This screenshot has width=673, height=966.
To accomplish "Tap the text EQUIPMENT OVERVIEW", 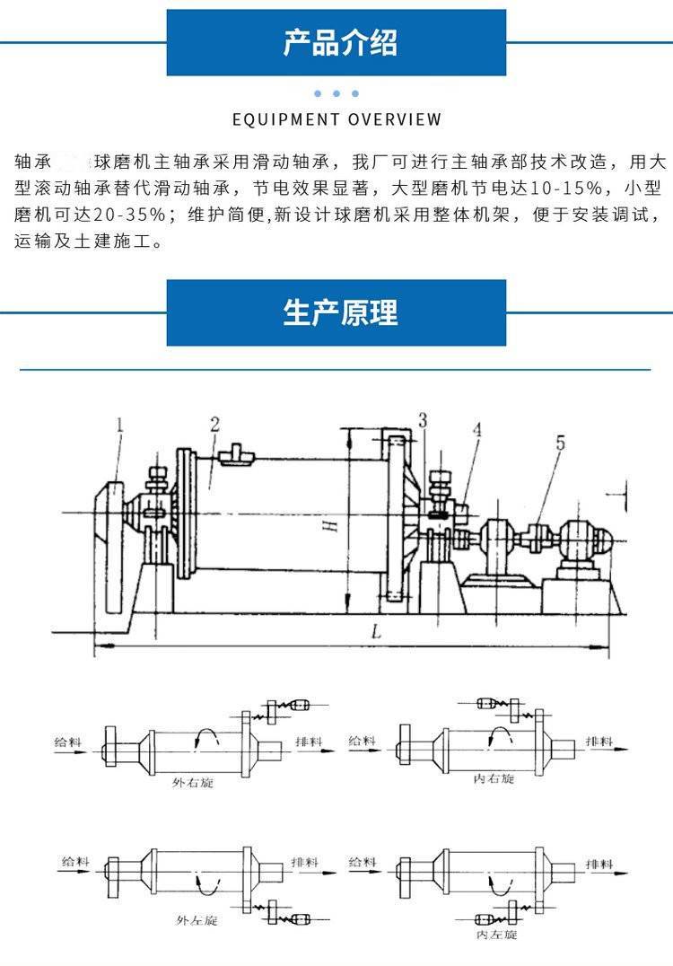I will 336,119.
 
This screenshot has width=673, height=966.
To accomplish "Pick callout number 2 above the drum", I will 214,423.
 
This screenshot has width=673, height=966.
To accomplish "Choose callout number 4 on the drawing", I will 477,430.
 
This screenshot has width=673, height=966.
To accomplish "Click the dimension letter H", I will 333,526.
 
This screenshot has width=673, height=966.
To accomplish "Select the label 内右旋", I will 493,778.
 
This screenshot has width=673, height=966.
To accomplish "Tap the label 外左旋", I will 197,921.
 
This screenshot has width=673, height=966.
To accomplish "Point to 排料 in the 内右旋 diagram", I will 599,742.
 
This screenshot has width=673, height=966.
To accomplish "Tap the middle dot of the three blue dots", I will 336,93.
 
